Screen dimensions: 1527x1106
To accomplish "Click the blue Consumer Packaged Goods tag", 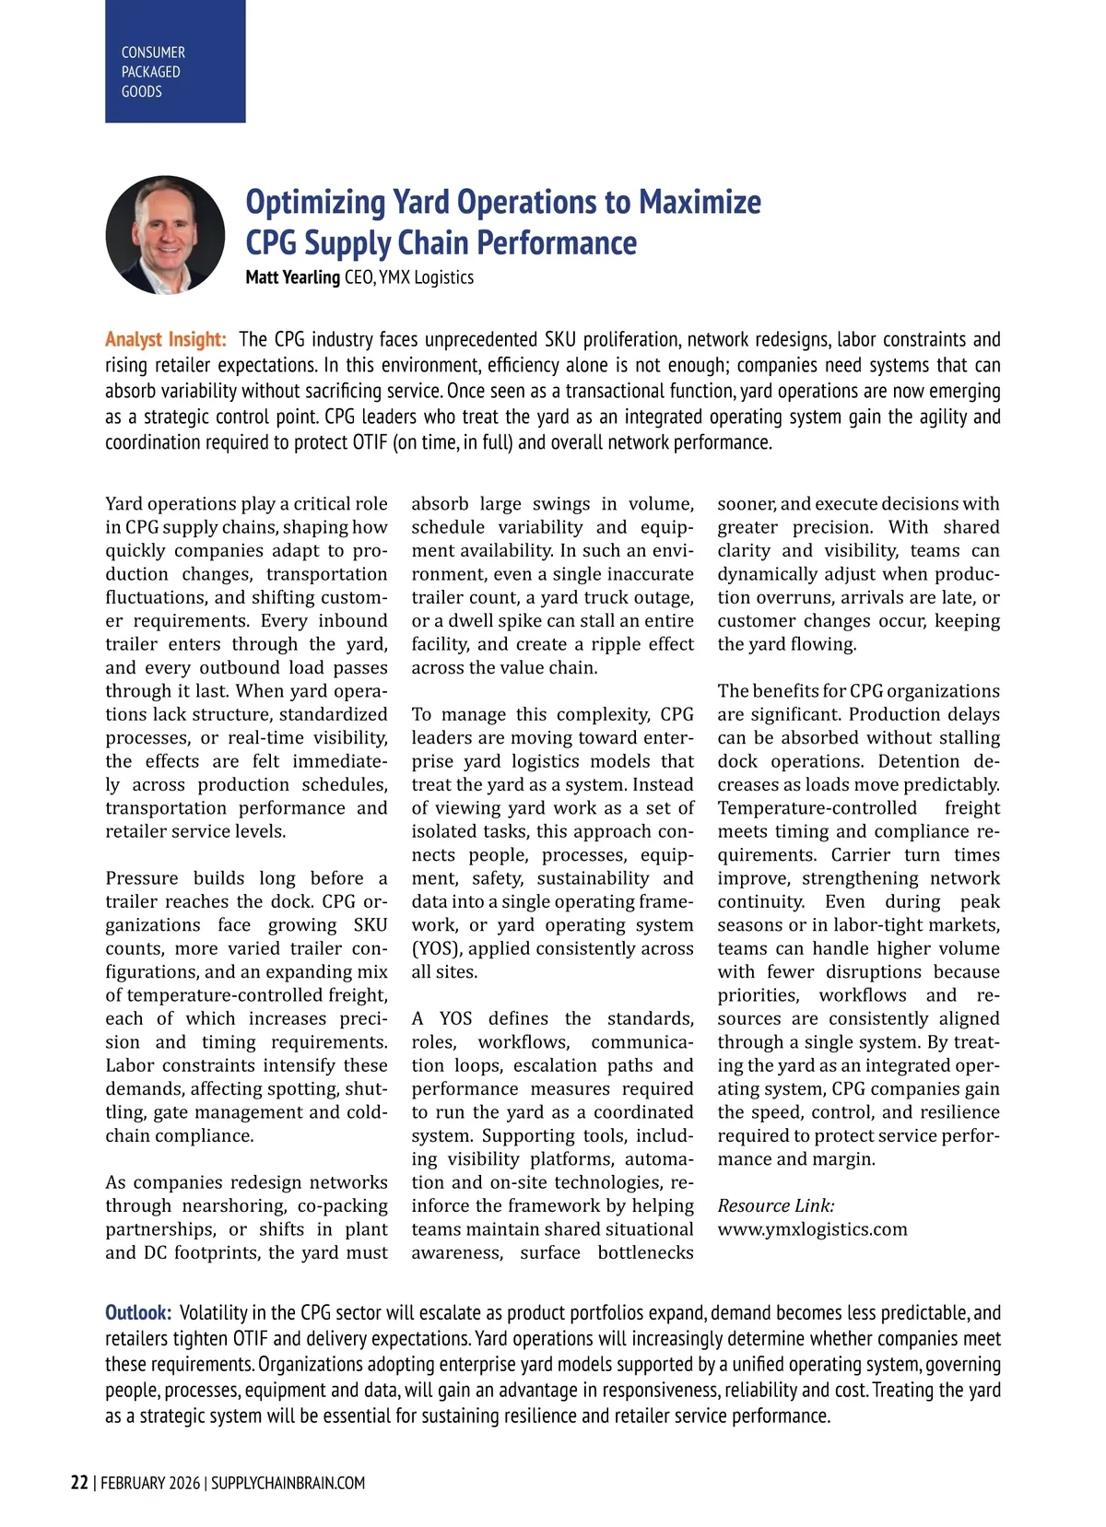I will (175, 62).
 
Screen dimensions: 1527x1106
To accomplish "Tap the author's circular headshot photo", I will (166, 235).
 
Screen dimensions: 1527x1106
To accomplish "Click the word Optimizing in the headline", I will (315, 202).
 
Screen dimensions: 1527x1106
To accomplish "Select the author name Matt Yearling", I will (292, 277).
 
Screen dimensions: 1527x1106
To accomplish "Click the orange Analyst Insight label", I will (165, 339).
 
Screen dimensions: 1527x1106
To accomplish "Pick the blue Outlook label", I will (138, 1312).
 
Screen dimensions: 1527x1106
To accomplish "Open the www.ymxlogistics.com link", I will (812, 1229).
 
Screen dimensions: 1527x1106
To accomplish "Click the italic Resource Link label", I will (776, 1205).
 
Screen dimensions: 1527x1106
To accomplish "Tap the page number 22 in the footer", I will (79, 1483).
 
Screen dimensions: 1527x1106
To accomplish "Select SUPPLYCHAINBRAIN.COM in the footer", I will (288, 1483).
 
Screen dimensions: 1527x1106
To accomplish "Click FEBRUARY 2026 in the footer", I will (149, 1483).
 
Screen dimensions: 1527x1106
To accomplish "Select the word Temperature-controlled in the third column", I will (817, 808).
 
